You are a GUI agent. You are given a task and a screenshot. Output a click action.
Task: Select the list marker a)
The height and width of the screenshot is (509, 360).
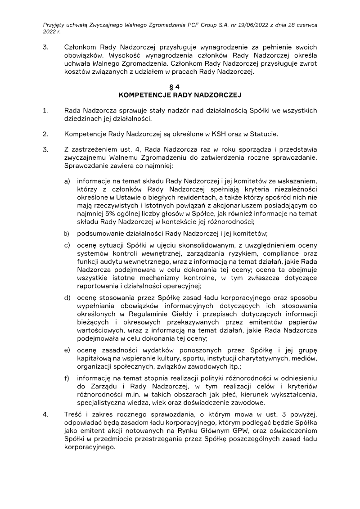click(x=67, y=181)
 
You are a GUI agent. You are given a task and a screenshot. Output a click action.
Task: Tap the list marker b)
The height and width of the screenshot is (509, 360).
click(x=67, y=234)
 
